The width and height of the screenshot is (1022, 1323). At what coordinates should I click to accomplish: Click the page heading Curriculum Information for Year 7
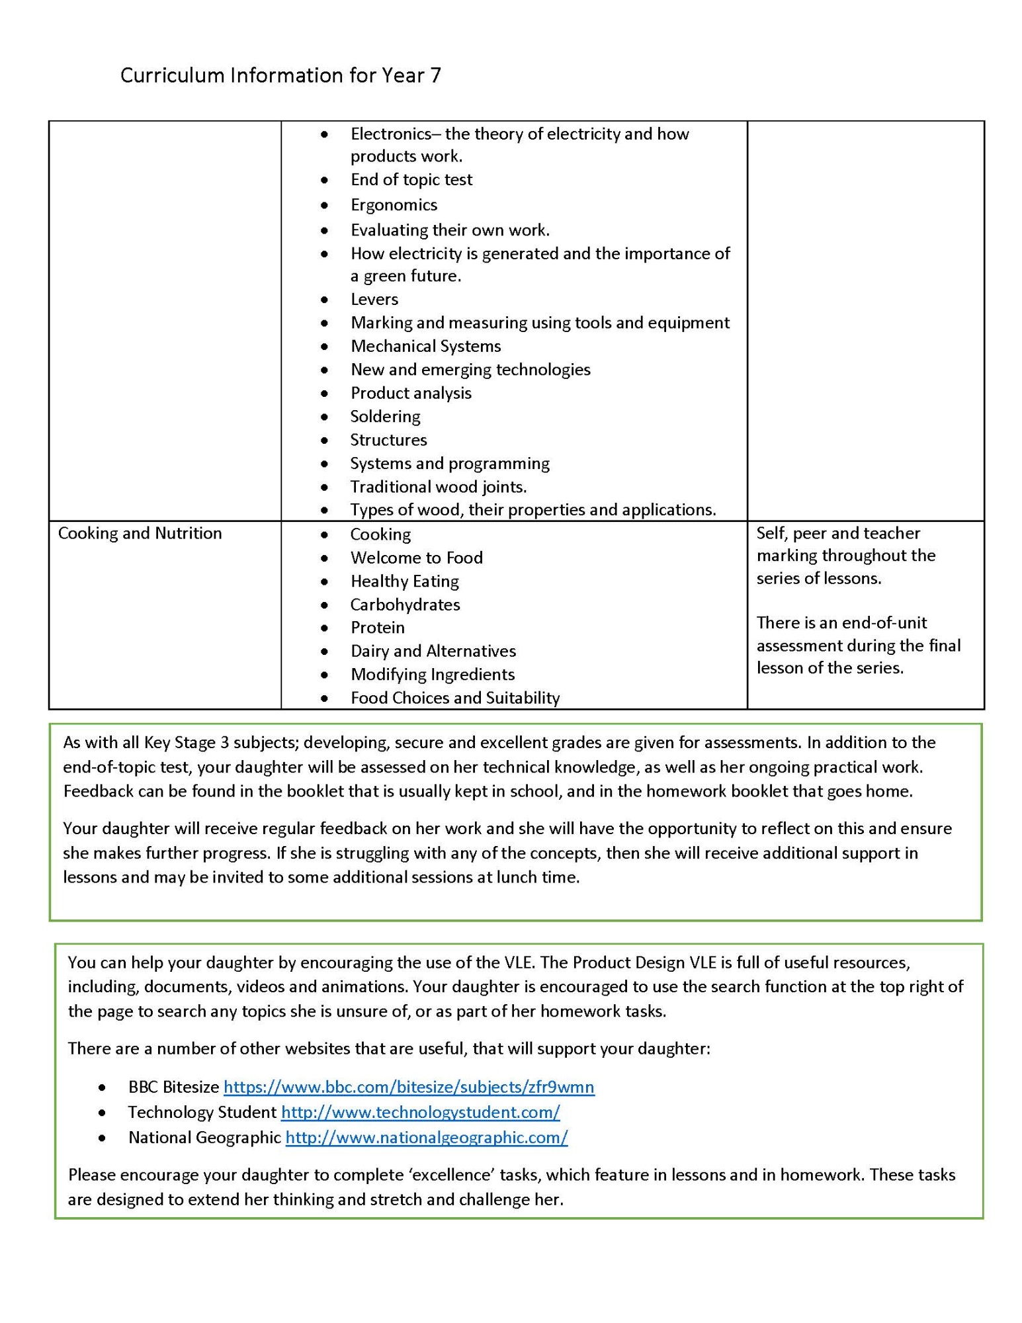pyautogui.click(x=280, y=76)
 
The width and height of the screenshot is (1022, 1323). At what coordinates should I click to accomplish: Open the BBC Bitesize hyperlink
pyautogui.click(x=409, y=1087)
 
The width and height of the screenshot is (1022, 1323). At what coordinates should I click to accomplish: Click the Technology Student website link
pyautogui.click(x=420, y=1112)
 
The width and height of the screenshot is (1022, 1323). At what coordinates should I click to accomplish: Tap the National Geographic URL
pyautogui.click(x=427, y=1137)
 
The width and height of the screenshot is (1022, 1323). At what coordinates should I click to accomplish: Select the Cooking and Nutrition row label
pyautogui.click(x=140, y=533)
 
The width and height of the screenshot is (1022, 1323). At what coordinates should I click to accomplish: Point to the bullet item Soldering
pyautogui.click(x=385, y=416)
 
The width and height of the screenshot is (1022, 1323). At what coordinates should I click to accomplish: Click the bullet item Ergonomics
pyautogui.click(x=394, y=204)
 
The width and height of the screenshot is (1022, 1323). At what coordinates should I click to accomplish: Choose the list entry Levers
pyautogui.click(x=374, y=299)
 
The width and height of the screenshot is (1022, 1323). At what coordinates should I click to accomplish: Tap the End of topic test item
pyautogui.click(x=411, y=179)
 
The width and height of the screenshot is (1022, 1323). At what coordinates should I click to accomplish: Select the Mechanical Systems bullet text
pyautogui.click(x=425, y=346)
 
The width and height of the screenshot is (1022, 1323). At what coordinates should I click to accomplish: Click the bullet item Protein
pyautogui.click(x=377, y=627)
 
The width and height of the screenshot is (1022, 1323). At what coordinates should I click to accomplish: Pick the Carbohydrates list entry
pyautogui.click(x=405, y=604)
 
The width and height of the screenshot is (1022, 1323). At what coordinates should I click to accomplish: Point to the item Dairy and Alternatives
pyautogui.click(x=433, y=651)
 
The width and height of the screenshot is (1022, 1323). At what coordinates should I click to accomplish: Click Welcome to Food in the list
pyautogui.click(x=416, y=558)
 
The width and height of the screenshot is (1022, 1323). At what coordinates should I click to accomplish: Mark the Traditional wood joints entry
pyautogui.click(x=438, y=487)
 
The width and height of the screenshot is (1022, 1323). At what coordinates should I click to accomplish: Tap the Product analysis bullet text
pyautogui.click(x=411, y=393)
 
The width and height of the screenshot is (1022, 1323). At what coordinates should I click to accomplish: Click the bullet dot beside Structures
pyautogui.click(x=324, y=440)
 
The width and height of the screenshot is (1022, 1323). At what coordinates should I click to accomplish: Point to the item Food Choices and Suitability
pyautogui.click(x=455, y=698)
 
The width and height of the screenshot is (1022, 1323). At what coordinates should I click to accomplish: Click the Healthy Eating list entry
pyautogui.click(x=404, y=581)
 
